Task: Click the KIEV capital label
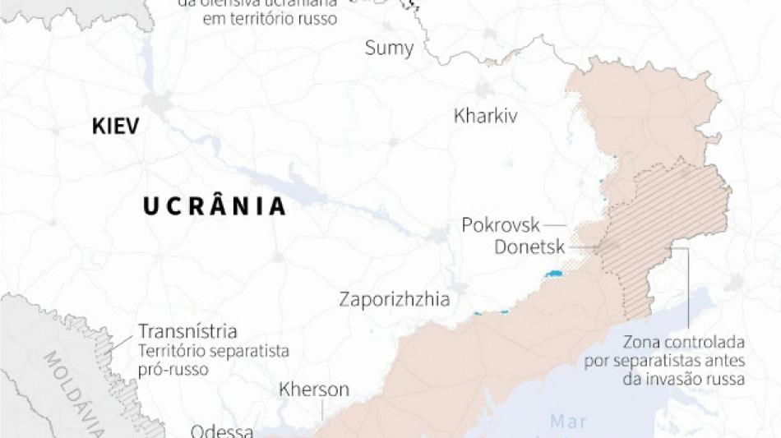[115, 126]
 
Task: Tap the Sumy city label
[389, 48]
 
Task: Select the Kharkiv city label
[485, 116]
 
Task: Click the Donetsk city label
[529, 246]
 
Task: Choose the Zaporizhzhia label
[395, 299]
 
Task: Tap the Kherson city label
[314, 390]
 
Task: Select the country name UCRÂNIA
[215, 206]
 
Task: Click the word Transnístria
[187, 332]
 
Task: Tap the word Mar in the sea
[568, 422]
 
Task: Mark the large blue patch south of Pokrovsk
[553, 273]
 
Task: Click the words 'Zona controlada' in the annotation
[684, 341]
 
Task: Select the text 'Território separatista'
[214, 351]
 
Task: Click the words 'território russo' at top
[270, 18]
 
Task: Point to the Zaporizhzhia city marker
[460, 288]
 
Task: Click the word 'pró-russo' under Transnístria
[173, 369]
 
